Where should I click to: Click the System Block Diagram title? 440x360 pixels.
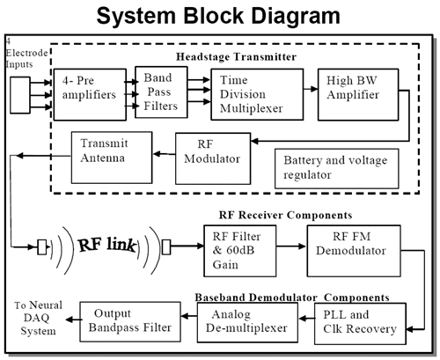click(218, 16)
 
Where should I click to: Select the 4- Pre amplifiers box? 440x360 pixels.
click(90, 95)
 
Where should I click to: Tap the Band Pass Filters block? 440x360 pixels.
click(161, 92)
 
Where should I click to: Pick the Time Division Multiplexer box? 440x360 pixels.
click(257, 94)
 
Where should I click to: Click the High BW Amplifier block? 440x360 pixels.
click(358, 94)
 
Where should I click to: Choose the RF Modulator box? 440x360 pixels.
click(213, 158)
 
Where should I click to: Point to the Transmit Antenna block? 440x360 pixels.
click(112, 158)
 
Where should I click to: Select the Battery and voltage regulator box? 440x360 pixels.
click(337, 168)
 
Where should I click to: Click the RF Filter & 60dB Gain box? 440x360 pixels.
click(240, 251)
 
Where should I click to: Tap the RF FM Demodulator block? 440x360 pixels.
click(354, 251)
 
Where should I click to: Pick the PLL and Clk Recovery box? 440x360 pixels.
click(360, 324)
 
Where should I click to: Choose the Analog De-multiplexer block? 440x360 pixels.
click(247, 322)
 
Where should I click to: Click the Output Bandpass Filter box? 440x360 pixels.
click(130, 321)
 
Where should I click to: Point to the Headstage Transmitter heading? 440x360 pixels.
click(236, 56)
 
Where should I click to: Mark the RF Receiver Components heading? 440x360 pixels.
click(285, 215)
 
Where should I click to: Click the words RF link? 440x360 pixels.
click(107, 245)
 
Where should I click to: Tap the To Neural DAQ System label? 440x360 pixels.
click(39, 318)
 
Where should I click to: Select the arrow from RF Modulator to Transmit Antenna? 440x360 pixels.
click(165, 154)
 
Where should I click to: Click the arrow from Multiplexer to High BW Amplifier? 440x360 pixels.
click(311, 89)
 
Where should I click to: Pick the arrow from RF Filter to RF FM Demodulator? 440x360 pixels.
click(291, 246)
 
